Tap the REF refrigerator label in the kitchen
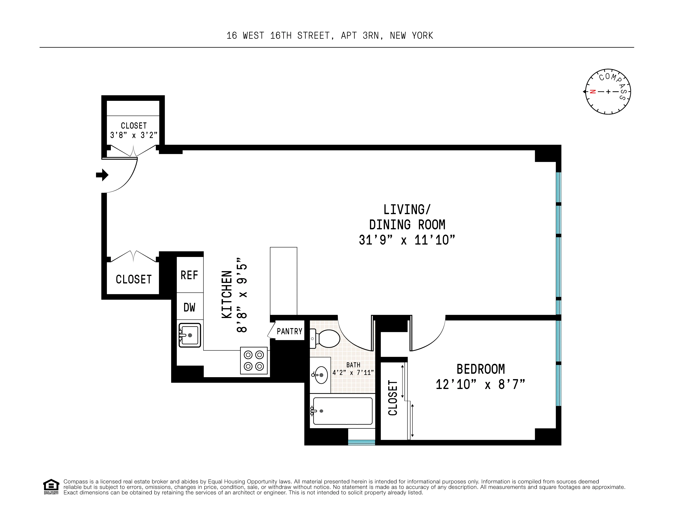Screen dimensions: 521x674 tap(189, 275)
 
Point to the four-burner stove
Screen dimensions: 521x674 tap(254, 360)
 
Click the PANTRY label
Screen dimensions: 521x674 tap(289, 331)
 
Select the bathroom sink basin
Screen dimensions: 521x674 tap(321, 375)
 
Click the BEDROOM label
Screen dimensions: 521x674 tap(480, 369)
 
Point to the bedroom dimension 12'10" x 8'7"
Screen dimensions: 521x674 tap(480, 384)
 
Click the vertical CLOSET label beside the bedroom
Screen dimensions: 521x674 tap(393, 398)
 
